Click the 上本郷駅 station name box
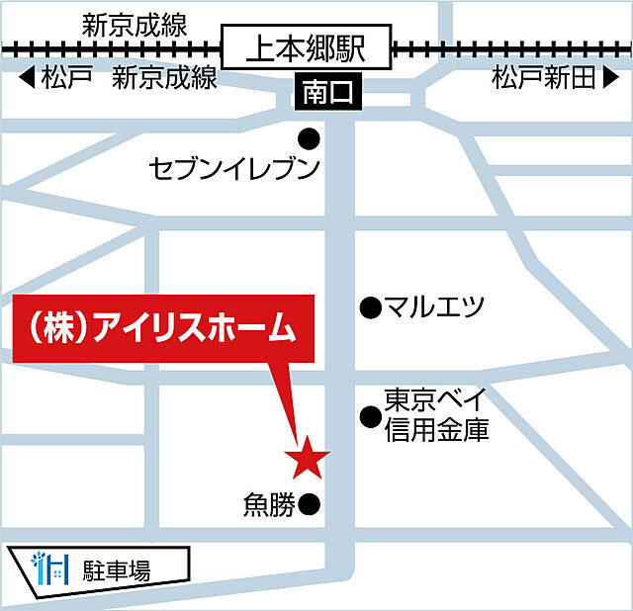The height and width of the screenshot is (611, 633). point(307,47)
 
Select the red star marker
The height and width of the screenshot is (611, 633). point(307,458)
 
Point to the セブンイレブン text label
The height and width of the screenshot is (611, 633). point(234,169)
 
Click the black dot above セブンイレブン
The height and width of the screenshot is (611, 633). point(310,137)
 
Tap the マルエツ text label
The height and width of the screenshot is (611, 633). point(435,307)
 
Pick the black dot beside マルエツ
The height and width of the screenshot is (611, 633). point(370,307)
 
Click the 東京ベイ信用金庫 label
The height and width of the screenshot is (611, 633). point(436,415)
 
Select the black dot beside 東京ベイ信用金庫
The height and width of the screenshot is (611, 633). point(370,417)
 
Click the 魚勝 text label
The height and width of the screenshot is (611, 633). point(269,505)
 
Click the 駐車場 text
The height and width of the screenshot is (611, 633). point(117,569)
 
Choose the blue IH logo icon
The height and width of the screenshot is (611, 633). point(50,568)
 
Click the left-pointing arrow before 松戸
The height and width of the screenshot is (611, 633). point(26,78)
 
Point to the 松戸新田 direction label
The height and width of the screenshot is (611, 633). point(545,78)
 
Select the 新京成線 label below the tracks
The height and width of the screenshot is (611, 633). point(164,78)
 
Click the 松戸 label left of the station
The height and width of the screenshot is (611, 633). point(67,78)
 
